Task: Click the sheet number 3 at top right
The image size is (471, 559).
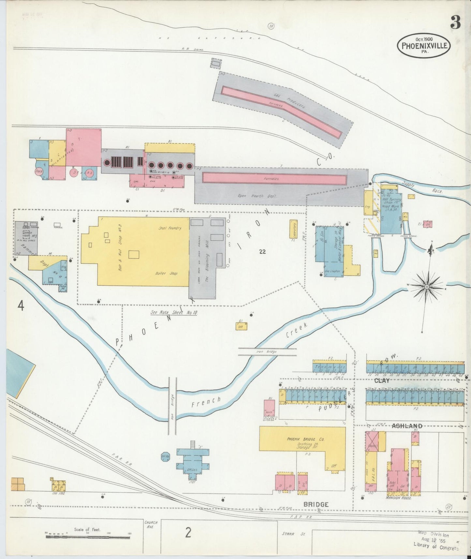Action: click(455, 23)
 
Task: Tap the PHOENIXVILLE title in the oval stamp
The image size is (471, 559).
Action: click(424, 46)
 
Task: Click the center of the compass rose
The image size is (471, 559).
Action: click(426, 287)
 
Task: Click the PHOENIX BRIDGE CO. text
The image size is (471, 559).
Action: click(305, 439)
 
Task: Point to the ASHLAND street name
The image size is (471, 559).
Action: click(407, 426)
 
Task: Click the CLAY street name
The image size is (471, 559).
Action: click(382, 381)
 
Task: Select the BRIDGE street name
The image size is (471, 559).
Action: click(316, 504)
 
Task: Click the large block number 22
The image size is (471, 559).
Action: click(263, 251)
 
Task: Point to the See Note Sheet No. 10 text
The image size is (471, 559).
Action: click(174, 312)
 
